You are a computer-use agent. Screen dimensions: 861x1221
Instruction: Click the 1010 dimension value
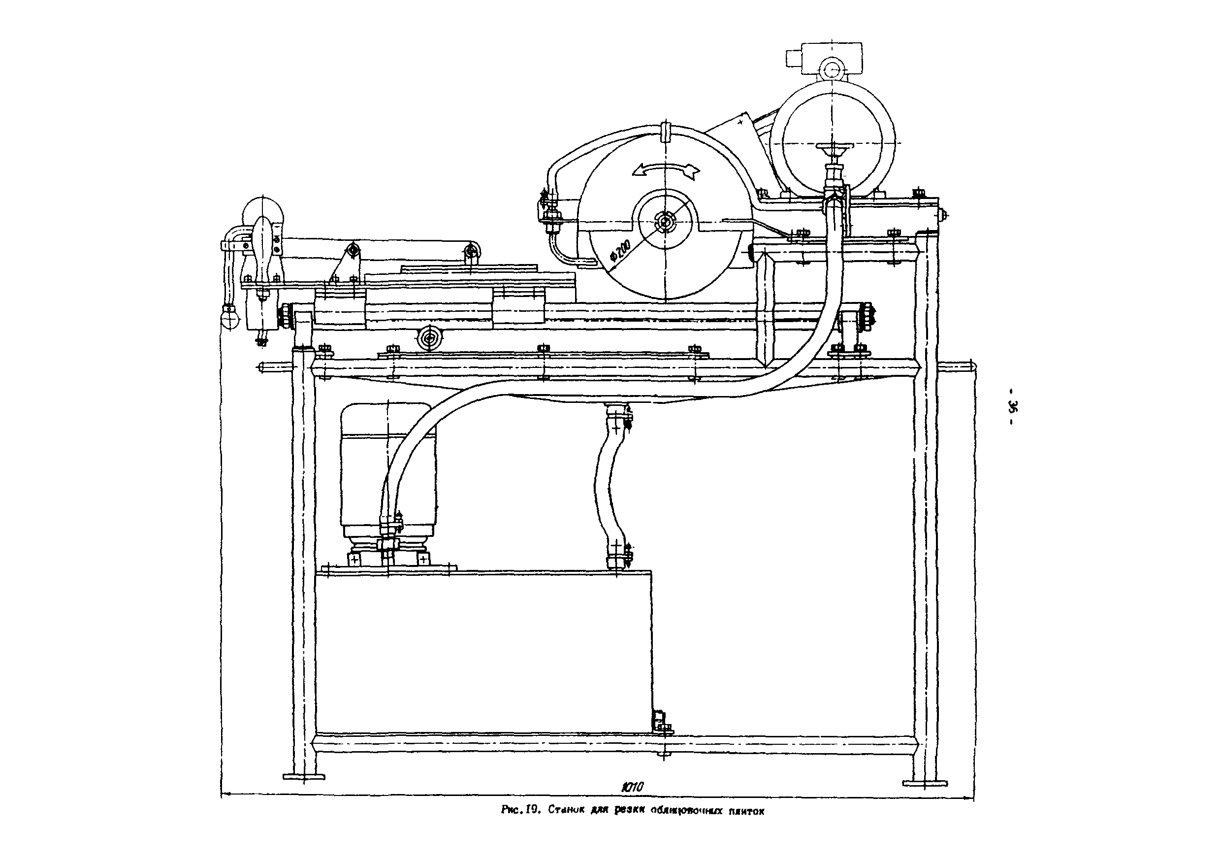633,787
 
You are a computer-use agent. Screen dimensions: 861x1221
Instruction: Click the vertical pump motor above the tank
388,468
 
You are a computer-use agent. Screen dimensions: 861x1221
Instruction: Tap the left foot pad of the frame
303,776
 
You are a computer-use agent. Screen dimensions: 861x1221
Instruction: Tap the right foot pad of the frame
925,783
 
